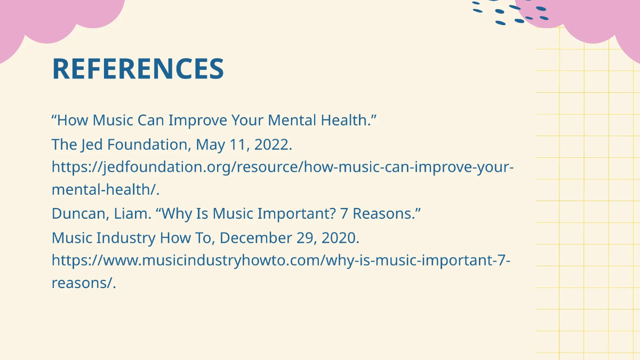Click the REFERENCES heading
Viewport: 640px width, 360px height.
tap(138, 69)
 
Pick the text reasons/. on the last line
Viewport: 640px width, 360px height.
tap(84, 283)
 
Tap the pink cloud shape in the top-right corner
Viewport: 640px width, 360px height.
tap(592, 19)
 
